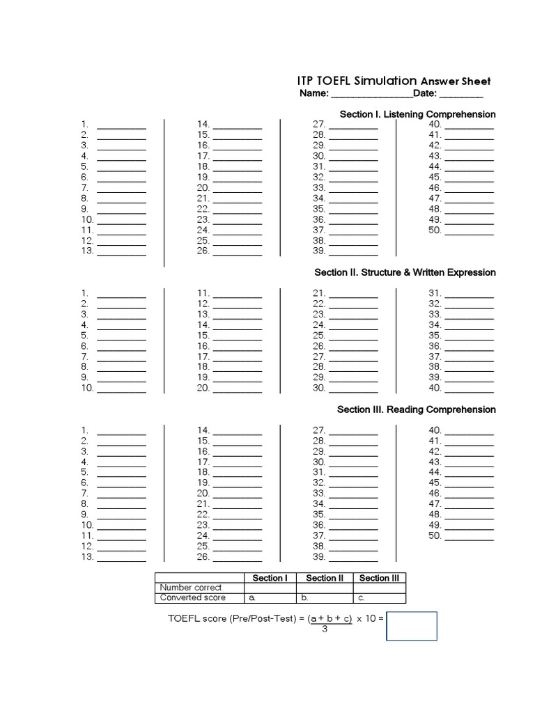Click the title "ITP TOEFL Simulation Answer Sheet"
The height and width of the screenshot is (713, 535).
394,81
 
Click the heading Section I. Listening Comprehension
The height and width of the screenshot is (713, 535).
417,114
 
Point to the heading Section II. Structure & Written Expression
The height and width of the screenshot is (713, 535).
405,272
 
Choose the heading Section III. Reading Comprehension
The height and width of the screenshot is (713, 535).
417,409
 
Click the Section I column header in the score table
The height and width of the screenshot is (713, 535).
270,578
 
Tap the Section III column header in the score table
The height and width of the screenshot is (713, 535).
380,578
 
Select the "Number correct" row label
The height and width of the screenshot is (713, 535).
191,588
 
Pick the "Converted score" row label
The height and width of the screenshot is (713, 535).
193,597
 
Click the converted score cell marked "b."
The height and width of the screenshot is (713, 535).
325,597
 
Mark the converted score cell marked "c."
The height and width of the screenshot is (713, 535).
380,597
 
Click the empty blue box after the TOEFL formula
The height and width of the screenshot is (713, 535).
412,626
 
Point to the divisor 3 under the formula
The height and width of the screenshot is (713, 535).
325,629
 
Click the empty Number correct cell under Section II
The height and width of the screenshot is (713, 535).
325,588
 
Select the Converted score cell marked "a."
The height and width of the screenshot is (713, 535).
270,597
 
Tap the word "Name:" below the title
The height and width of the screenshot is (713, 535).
313,93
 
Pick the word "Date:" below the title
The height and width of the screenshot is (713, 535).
424,93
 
